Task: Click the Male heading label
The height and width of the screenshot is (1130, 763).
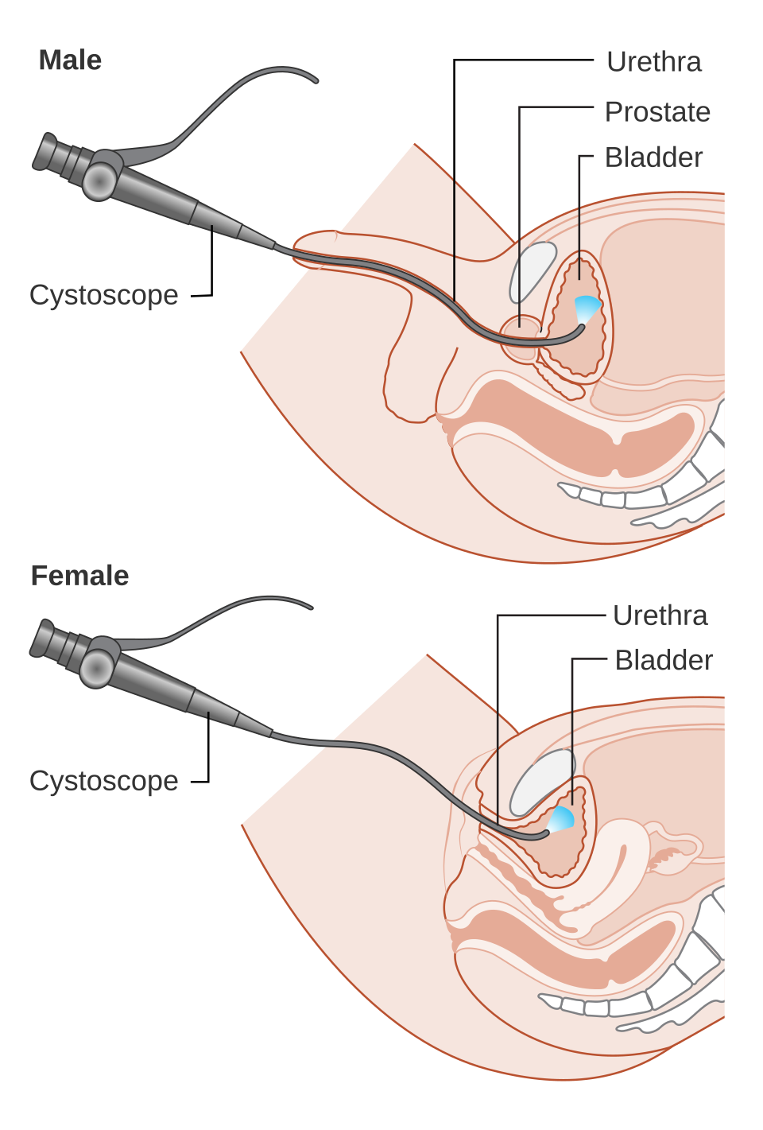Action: (72, 62)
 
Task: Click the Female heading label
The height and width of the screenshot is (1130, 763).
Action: (79, 574)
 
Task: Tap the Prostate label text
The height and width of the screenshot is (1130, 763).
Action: (656, 111)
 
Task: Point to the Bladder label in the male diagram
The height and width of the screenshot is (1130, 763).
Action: (656, 157)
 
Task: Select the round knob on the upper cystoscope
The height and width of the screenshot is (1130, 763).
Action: (101, 181)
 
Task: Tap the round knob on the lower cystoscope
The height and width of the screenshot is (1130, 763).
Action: (98, 667)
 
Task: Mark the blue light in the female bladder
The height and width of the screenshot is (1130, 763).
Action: (562, 817)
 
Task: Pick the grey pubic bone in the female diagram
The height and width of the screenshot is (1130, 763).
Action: (542, 782)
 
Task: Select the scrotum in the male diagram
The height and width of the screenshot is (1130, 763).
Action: (409, 382)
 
